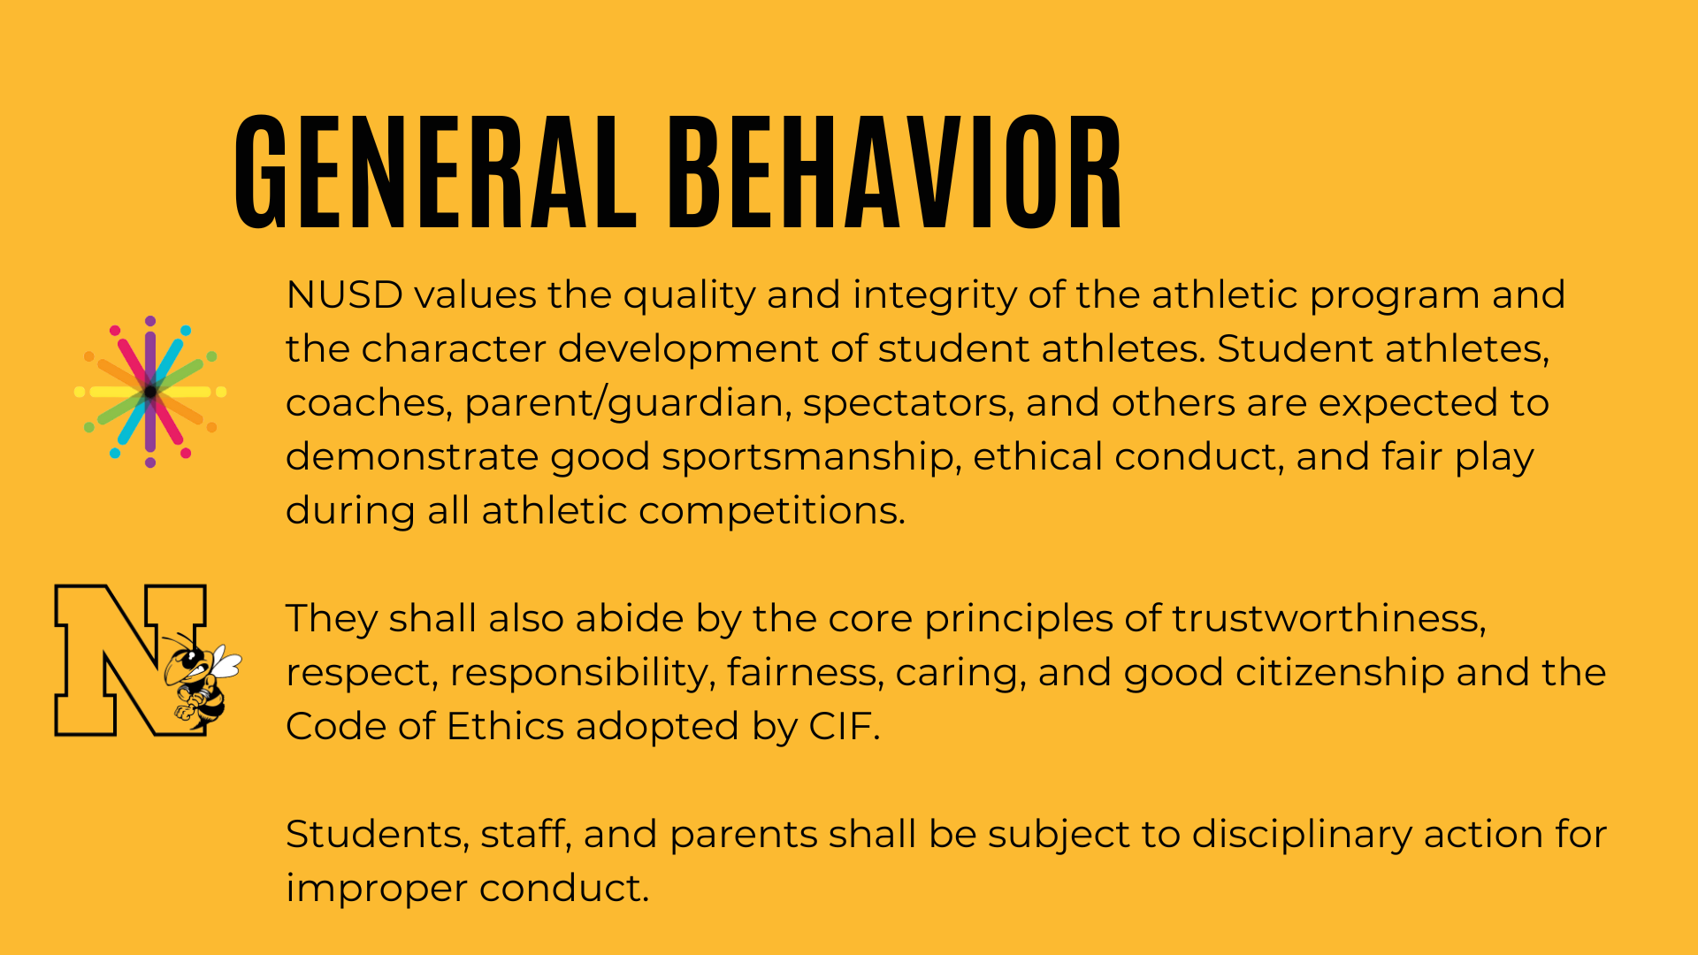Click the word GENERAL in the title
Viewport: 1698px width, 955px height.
(x=436, y=172)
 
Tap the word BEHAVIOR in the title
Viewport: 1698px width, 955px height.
(x=895, y=172)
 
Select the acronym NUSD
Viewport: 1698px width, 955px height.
(x=344, y=295)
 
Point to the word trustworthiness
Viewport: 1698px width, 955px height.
(x=1328, y=619)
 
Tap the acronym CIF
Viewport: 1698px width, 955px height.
(x=844, y=727)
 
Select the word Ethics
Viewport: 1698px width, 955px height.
(x=505, y=727)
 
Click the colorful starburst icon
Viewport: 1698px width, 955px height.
(x=150, y=392)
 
